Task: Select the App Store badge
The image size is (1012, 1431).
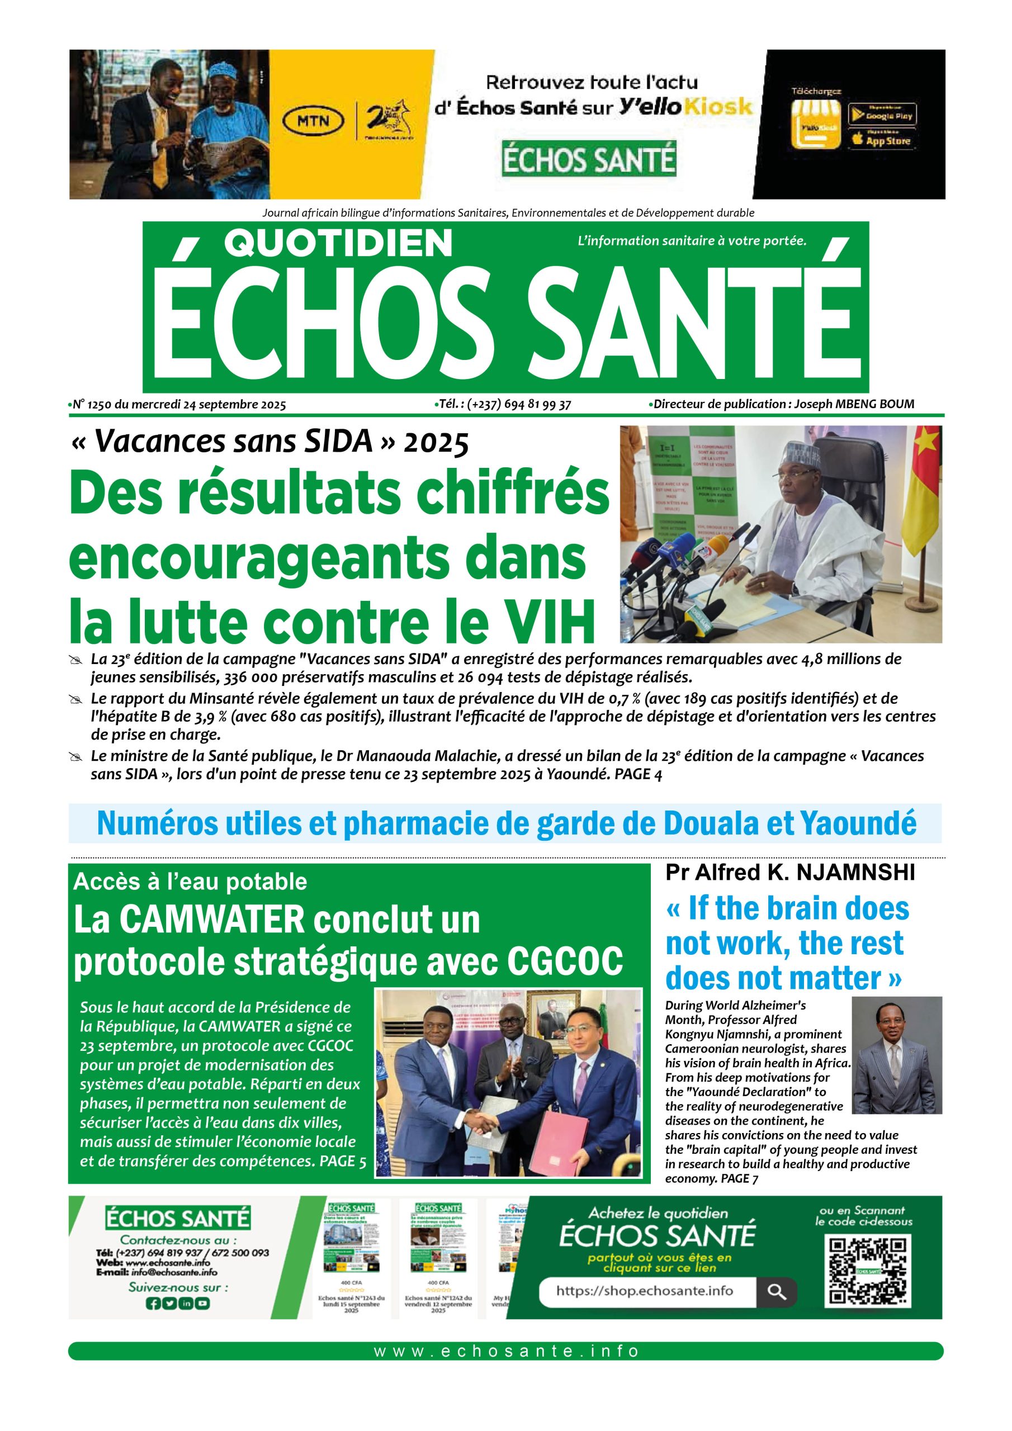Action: [882, 140]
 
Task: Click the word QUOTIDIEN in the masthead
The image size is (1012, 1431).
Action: [337, 244]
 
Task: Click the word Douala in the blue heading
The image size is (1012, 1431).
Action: [709, 823]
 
